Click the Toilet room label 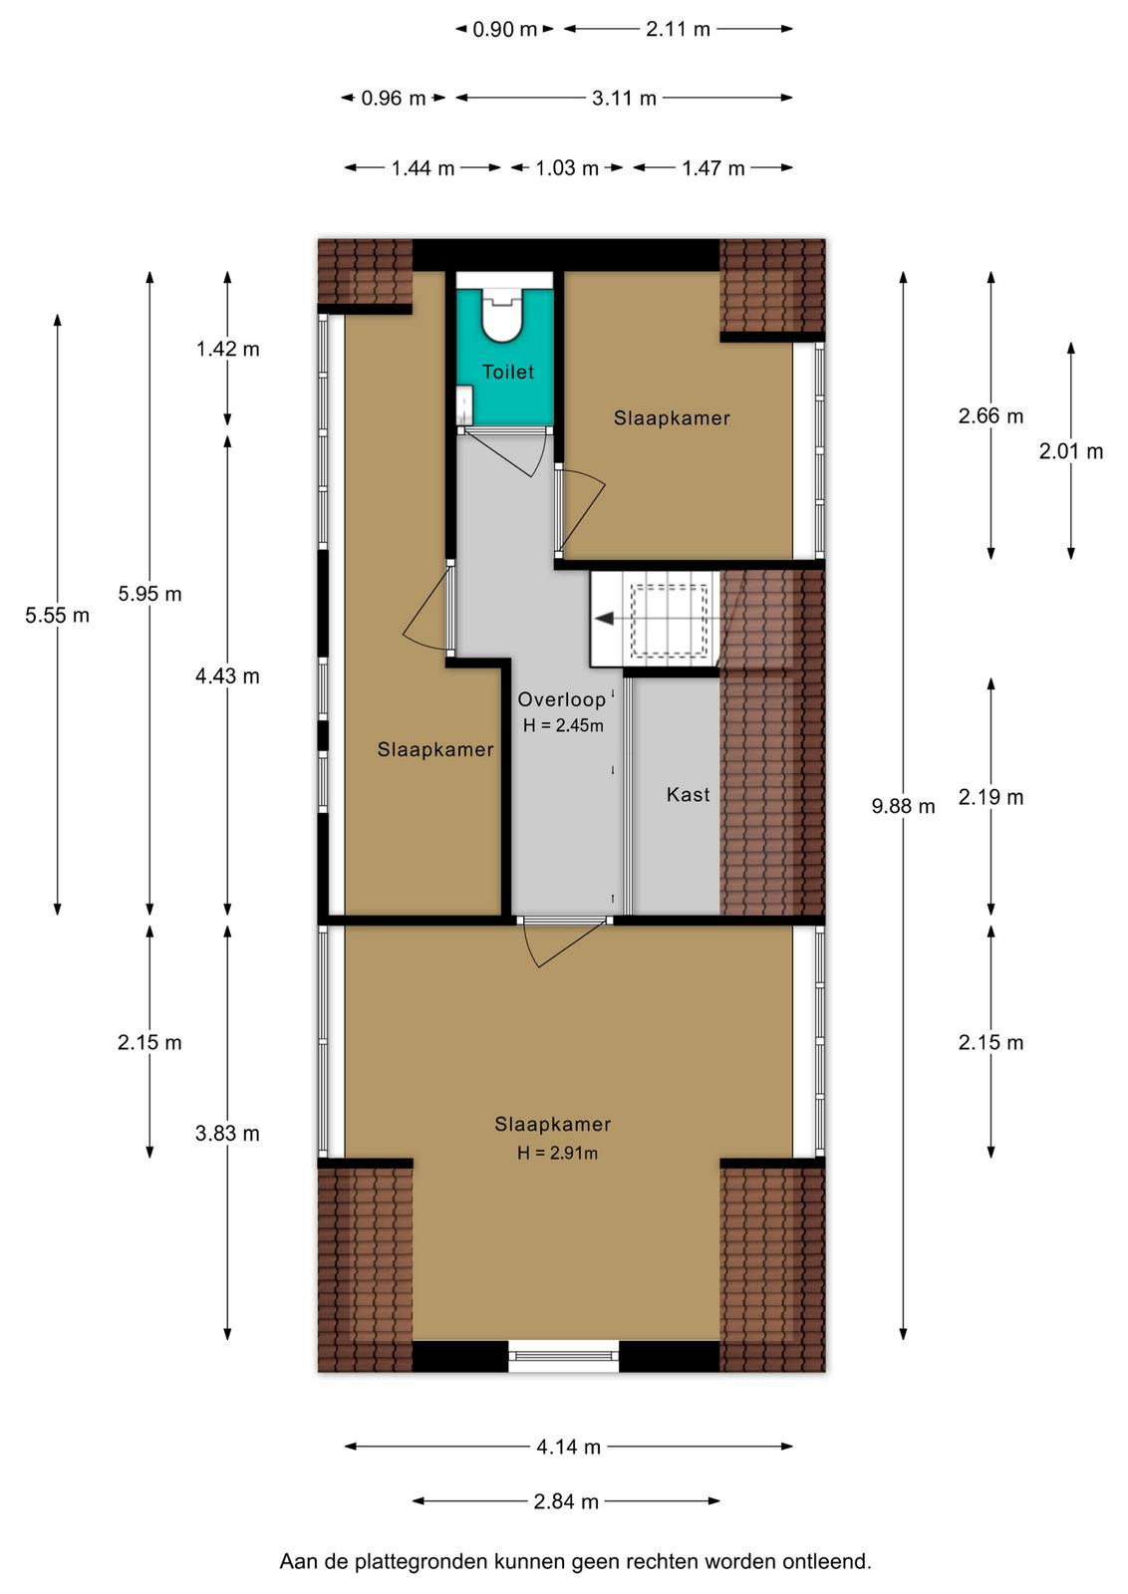coord(507,372)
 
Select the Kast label coord(688,794)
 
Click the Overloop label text coord(562,699)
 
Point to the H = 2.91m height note coord(557,1153)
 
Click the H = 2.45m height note coord(563,726)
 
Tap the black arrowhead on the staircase coord(604,619)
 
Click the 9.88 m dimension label coord(903,806)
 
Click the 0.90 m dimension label coord(504,29)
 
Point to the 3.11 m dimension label coord(624,98)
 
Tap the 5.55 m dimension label coord(57,615)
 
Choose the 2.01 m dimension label coord(1071,451)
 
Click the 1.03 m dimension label coord(566,168)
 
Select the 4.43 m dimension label coord(228,675)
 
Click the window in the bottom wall coord(564,1356)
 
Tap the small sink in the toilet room coord(464,405)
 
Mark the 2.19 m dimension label coord(990,797)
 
